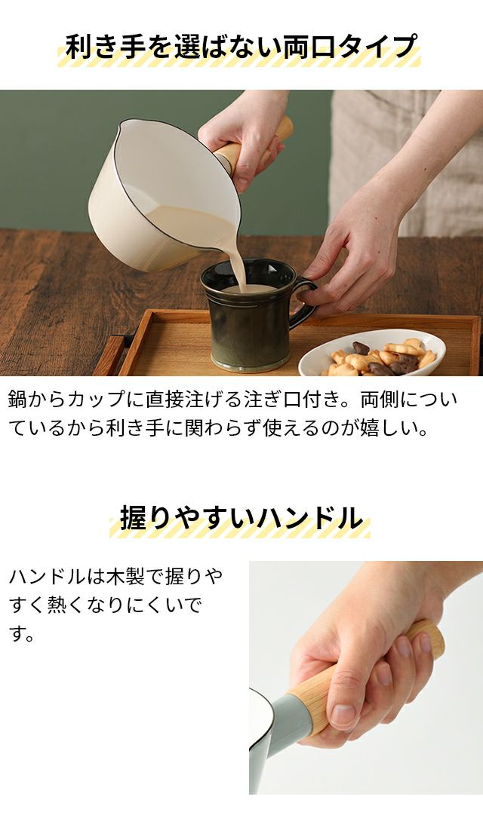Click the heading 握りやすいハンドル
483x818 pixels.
[x=241, y=518]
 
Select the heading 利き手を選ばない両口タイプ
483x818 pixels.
[x=241, y=47]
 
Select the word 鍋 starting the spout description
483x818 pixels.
[x=18, y=400]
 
